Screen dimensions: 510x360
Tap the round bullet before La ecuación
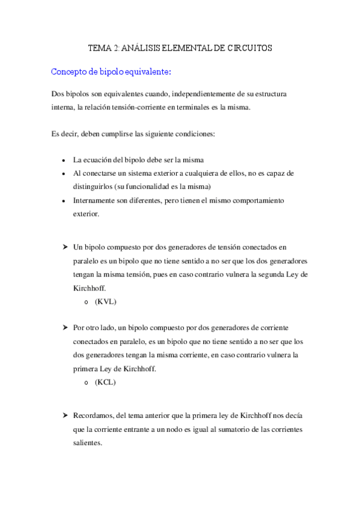64,161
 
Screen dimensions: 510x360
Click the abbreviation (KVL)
106,301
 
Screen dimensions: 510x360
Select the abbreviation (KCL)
106,382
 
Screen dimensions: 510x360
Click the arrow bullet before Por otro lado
64,328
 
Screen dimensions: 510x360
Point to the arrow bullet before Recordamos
64,416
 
